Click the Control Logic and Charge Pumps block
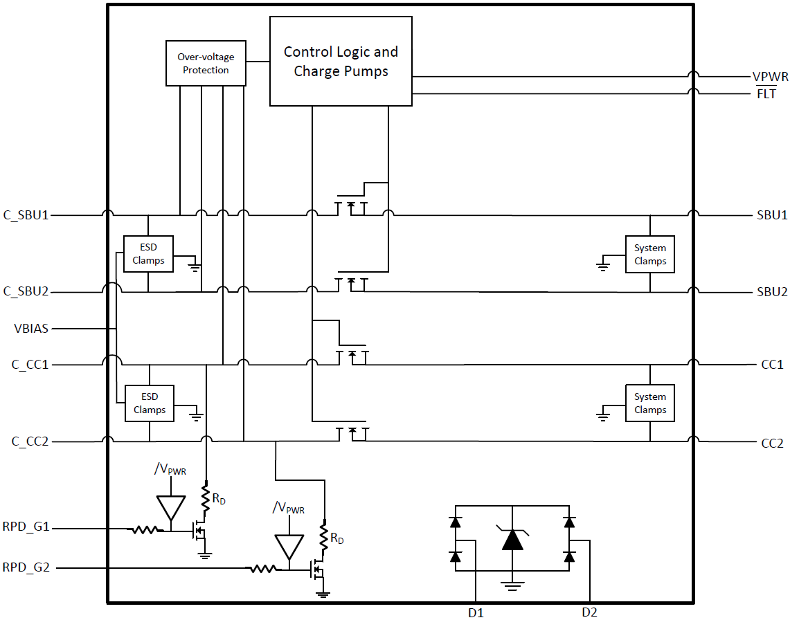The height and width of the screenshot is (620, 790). pos(341,62)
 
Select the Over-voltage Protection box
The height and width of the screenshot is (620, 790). pos(206,64)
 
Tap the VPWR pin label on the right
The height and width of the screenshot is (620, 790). pos(770,77)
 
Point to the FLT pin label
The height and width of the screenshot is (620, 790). pos(766,94)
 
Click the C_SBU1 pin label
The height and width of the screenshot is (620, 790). pos(26,215)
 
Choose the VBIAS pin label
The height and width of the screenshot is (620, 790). pos(31,328)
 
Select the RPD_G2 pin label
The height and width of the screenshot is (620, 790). pos(26,568)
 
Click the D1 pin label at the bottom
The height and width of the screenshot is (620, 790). pos(475,612)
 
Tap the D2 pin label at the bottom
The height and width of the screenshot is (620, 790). pos(589,612)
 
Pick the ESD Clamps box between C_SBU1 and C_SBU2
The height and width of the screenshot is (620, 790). pos(148,254)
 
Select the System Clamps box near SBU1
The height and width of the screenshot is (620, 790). pos(649,254)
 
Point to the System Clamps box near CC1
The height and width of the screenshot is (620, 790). pos(649,403)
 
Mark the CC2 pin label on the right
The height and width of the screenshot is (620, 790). pos(772,442)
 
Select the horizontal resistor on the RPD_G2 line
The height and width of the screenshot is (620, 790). pos(262,569)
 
